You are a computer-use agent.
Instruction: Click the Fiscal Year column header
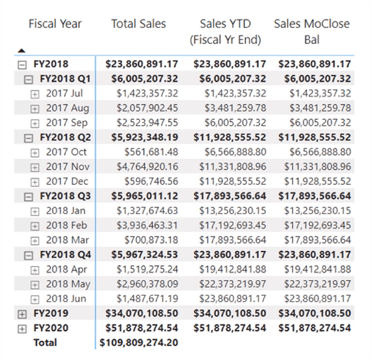[55, 24]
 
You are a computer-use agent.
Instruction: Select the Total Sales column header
[139, 24]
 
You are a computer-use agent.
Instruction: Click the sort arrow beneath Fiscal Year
[22, 51]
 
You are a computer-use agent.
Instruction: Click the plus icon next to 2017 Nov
[35, 167]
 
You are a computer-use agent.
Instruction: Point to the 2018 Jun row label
[66, 299]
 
